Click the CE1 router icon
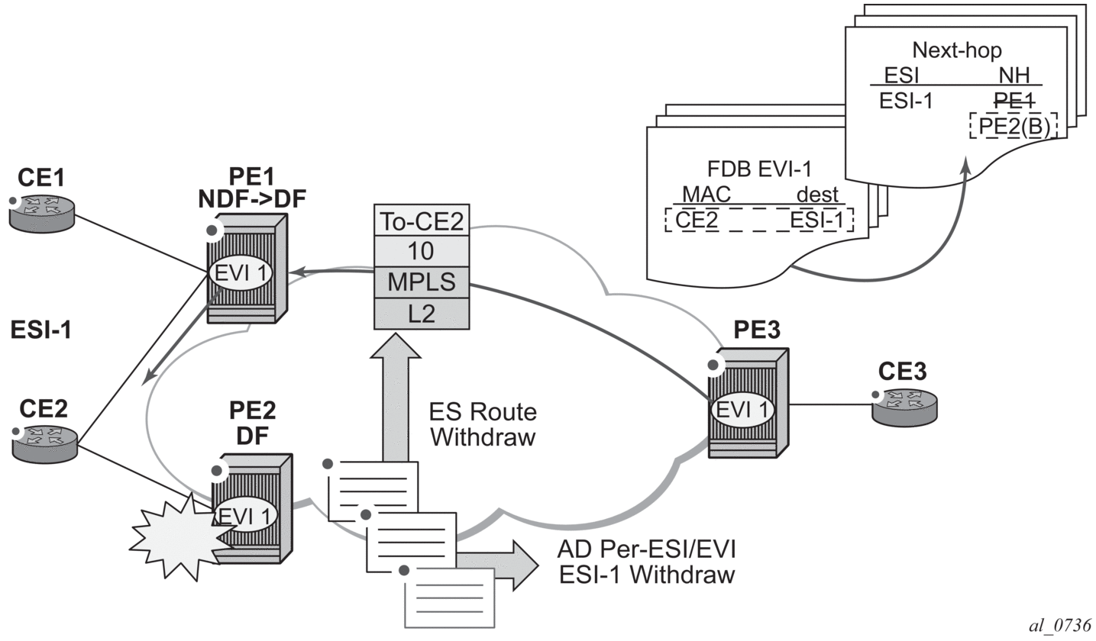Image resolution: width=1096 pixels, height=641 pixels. coord(43,213)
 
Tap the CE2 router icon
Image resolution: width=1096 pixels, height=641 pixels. coord(45,443)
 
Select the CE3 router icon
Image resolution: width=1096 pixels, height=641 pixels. coord(906,404)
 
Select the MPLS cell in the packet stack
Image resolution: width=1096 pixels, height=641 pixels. coord(420,282)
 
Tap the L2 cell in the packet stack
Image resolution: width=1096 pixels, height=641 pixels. coord(420,313)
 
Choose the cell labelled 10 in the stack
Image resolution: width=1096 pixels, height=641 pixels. coord(420,251)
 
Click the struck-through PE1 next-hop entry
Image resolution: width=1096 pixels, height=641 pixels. coord(1014,100)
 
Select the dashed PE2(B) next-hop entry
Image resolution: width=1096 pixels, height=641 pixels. coord(1014,126)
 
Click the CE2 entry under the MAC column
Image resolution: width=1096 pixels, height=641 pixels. coord(697,221)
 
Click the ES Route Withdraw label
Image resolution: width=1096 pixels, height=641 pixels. coord(483,425)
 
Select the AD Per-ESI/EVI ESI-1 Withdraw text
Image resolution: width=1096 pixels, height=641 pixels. coord(645,561)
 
